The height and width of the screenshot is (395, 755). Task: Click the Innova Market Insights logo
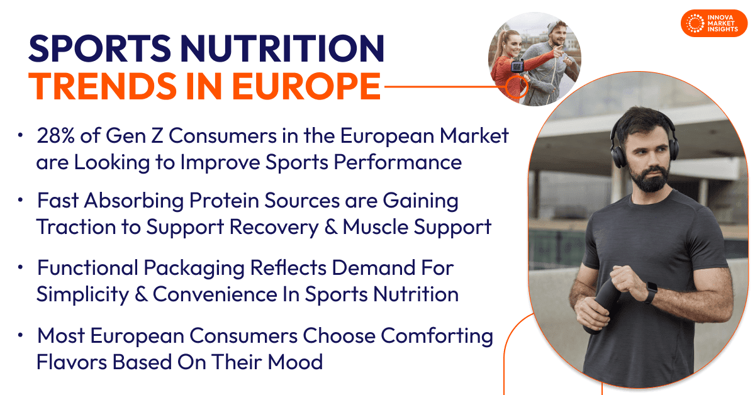click(x=714, y=23)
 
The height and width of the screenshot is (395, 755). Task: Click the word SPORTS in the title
click(x=100, y=48)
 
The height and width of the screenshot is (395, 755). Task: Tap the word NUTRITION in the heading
click(x=282, y=48)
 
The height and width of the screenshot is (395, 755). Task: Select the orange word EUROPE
click(x=306, y=86)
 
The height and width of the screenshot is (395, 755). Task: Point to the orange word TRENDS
click(x=103, y=86)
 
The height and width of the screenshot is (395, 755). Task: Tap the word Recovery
click(x=274, y=227)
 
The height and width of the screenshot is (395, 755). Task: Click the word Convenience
click(x=215, y=294)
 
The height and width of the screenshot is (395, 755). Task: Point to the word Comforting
click(x=437, y=337)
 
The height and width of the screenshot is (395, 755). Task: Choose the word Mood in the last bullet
click(x=295, y=362)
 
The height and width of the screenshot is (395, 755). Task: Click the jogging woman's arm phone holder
click(x=517, y=66)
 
